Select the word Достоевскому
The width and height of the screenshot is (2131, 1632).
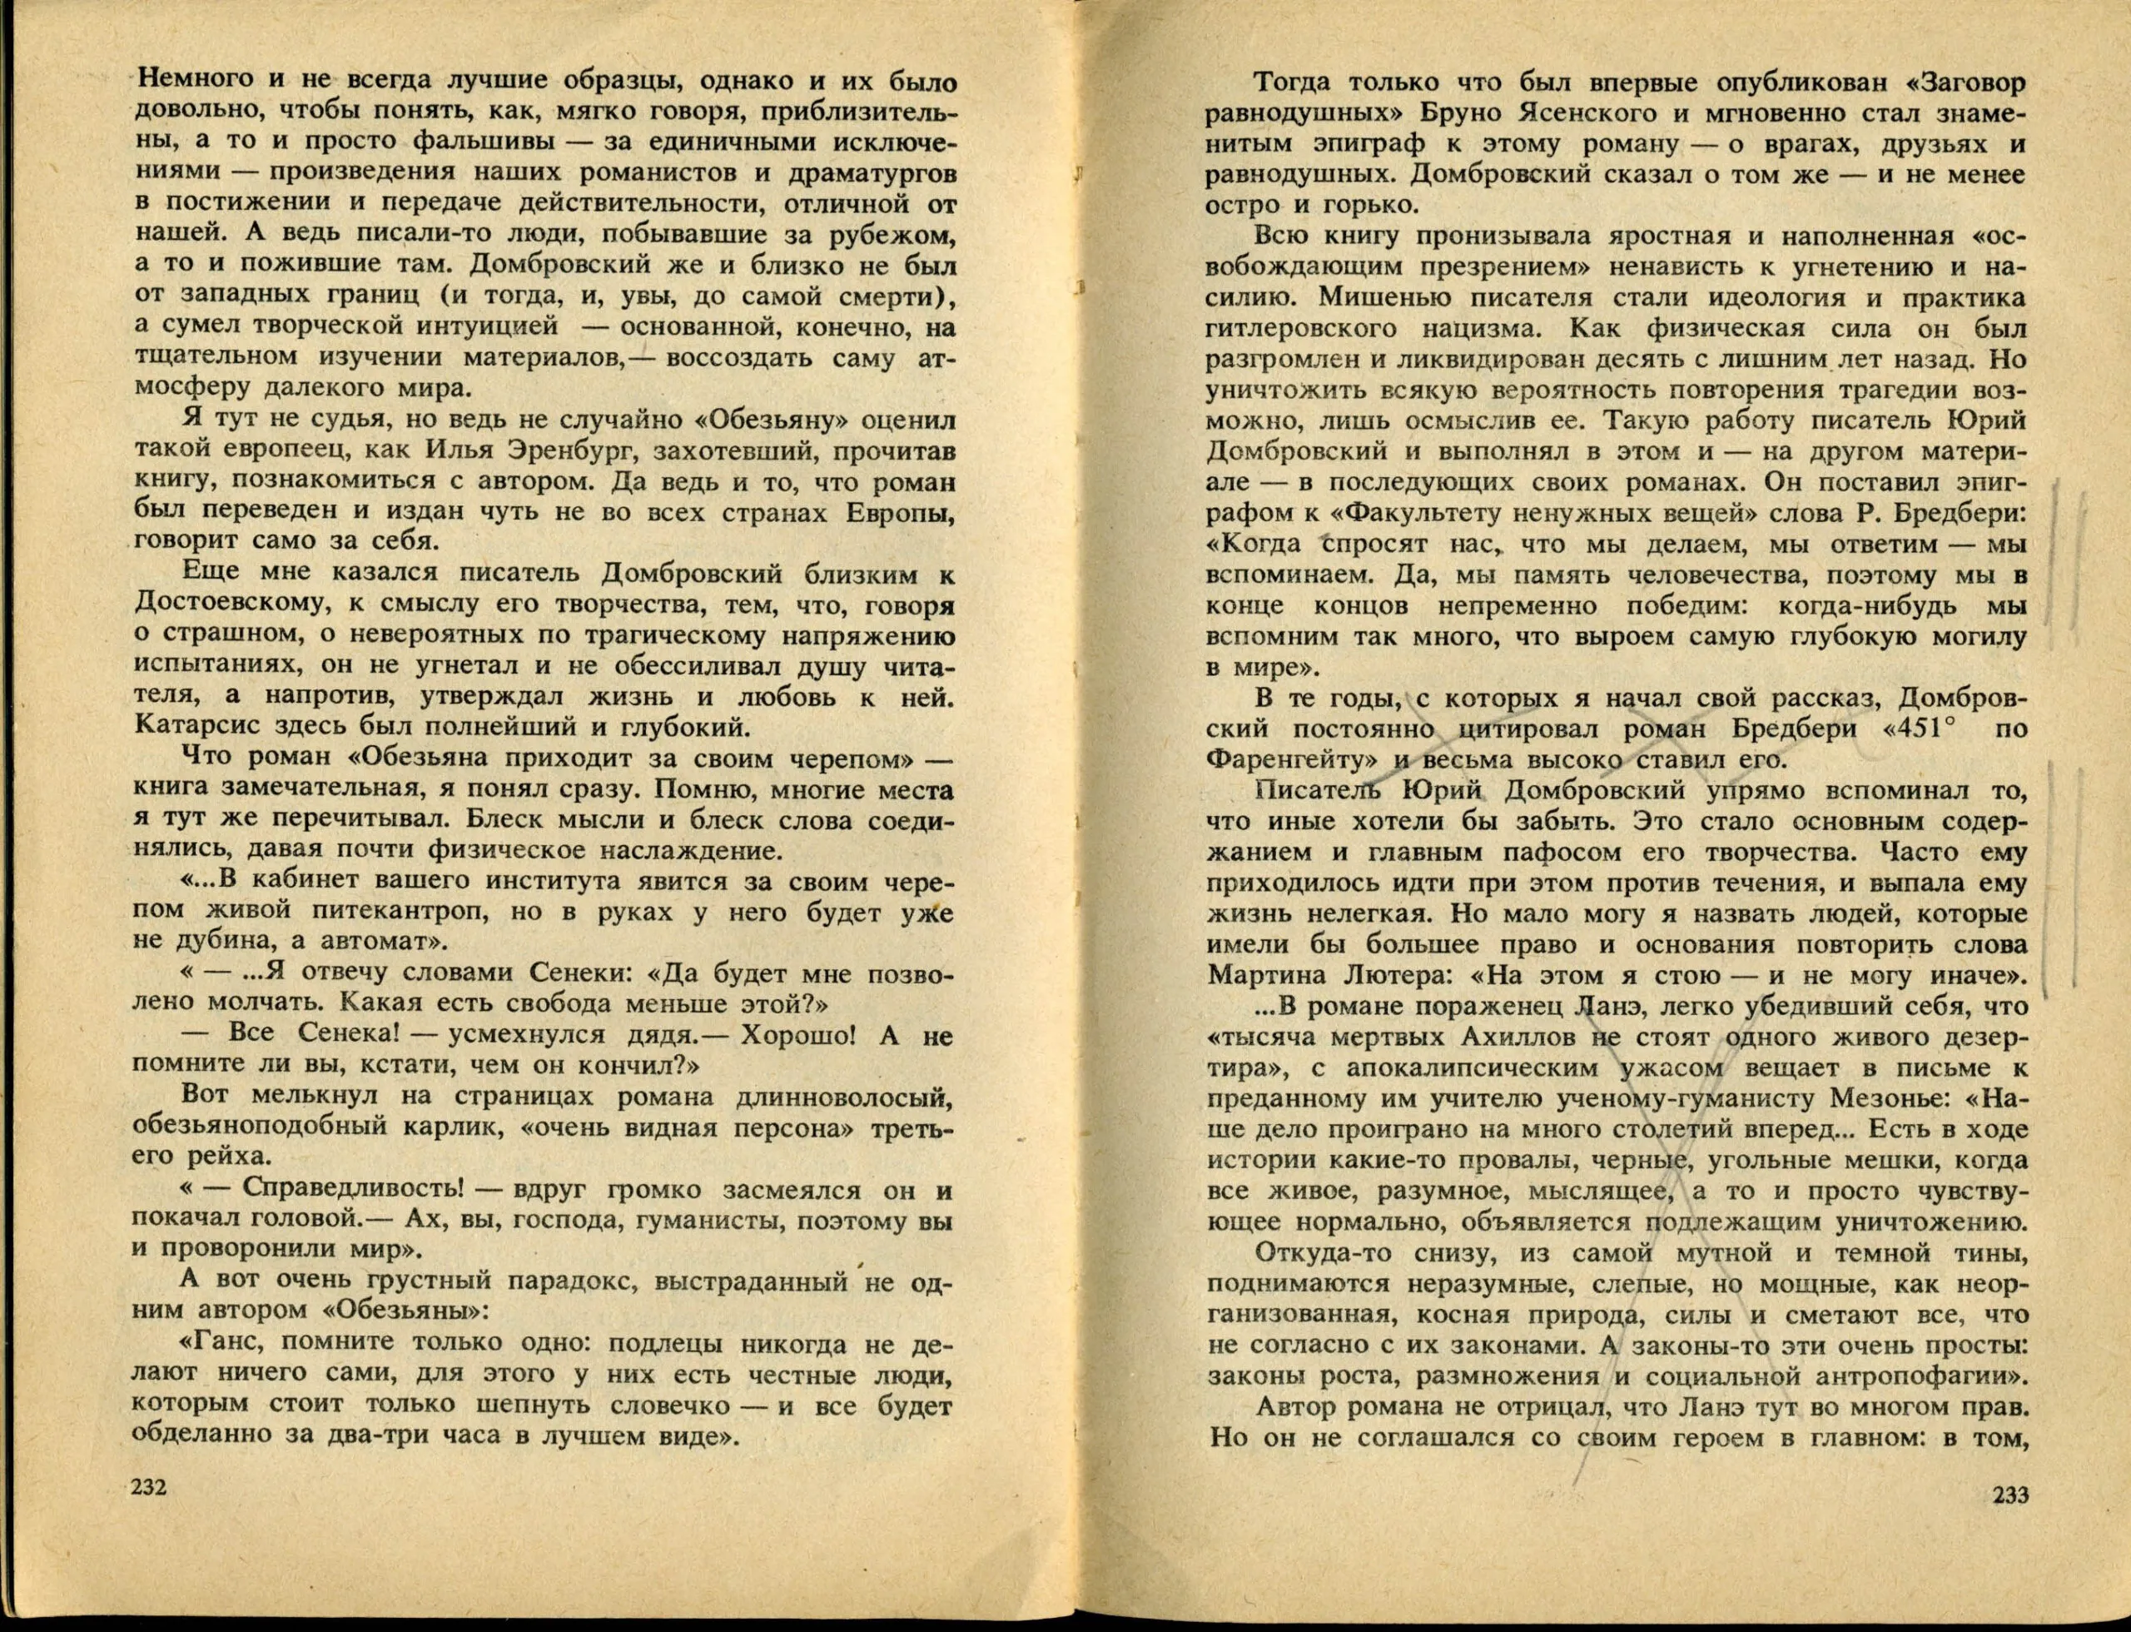click(229, 605)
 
